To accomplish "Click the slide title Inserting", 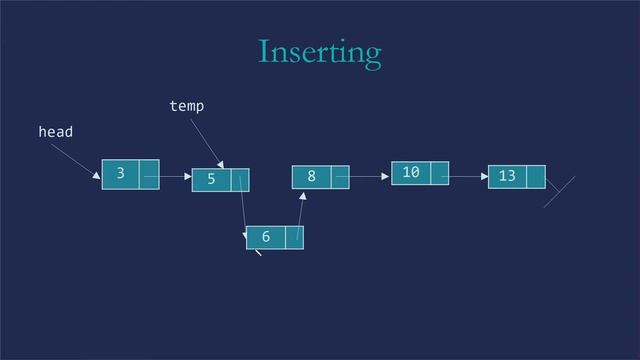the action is click(x=319, y=51).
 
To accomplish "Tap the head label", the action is click(x=55, y=131).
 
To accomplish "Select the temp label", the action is click(x=187, y=104).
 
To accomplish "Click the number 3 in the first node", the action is click(x=120, y=173).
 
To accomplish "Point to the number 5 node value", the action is click(x=211, y=180).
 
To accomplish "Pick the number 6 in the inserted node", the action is click(x=265, y=237).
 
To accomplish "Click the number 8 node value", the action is click(x=311, y=177).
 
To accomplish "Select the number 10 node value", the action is click(x=410, y=174).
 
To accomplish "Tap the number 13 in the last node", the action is click(x=507, y=177).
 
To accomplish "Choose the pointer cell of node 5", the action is click(x=240, y=180).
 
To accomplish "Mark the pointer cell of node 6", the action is click(x=294, y=237).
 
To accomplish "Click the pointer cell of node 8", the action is click(x=339, y=177).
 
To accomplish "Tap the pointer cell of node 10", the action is click(x=438, y=174).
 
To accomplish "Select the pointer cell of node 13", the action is click(x=535, y=177).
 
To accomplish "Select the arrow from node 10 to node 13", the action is click(x=465, y=176).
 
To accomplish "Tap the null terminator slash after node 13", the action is click(x=560, y=192).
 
